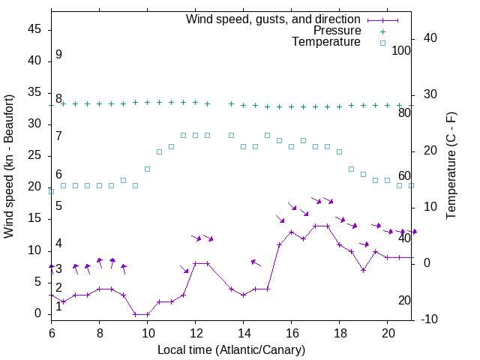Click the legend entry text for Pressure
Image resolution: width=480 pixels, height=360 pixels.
point(337,31)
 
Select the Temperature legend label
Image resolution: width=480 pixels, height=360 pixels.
point(326,42)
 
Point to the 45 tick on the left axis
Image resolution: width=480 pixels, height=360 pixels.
point(34,29)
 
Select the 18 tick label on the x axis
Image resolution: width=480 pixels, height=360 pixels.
point(339,332)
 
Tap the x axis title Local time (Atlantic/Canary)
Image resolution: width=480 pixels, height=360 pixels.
point(231,349)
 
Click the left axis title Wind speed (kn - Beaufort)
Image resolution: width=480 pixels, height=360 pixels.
point(10,166)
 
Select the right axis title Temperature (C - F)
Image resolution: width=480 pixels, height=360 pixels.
point(451,166)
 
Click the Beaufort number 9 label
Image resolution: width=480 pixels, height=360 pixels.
point(58,55)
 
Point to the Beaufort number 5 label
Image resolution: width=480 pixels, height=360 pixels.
point(58,206)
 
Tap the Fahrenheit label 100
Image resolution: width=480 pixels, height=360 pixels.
point(401,51)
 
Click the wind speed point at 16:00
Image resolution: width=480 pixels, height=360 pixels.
point(291,232)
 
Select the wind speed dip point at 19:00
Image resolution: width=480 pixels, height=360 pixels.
point(363,270)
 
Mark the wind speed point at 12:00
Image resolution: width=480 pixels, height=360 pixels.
point(195,263)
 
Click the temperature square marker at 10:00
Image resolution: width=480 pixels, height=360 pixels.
point(147,169)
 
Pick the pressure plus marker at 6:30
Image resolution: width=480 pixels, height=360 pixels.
point(63,104)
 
